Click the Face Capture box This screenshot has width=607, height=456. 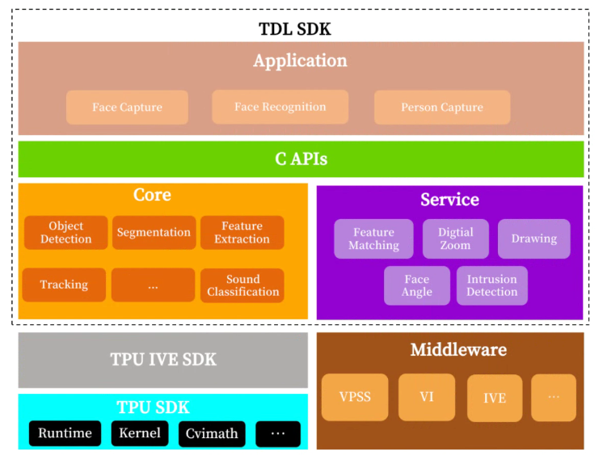pos(127,108)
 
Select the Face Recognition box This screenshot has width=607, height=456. pos(280,107)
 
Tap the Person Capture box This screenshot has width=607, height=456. pos(441,108)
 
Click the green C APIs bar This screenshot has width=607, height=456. pos(301,159)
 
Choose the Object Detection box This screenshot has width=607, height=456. pos(65,233)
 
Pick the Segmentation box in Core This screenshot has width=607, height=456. pos(154,233)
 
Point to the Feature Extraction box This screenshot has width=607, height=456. pos(242,233)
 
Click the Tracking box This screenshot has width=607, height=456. pos(64,285)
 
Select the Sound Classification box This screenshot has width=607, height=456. pos(242,285)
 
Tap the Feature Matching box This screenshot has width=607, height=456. pos(373,239)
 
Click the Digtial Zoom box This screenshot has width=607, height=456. pos(456,239)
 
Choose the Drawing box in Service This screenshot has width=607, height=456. pos(533,239)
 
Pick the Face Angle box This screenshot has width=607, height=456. pos(417,286)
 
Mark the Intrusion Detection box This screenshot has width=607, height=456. pos(491,286)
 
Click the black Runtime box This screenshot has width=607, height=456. pos(65,433)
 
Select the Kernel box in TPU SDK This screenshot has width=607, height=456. pos(139,433)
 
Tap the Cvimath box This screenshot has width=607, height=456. pos(212,434)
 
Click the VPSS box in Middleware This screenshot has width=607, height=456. pos(355,397)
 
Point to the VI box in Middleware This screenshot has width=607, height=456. pos(426,397)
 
